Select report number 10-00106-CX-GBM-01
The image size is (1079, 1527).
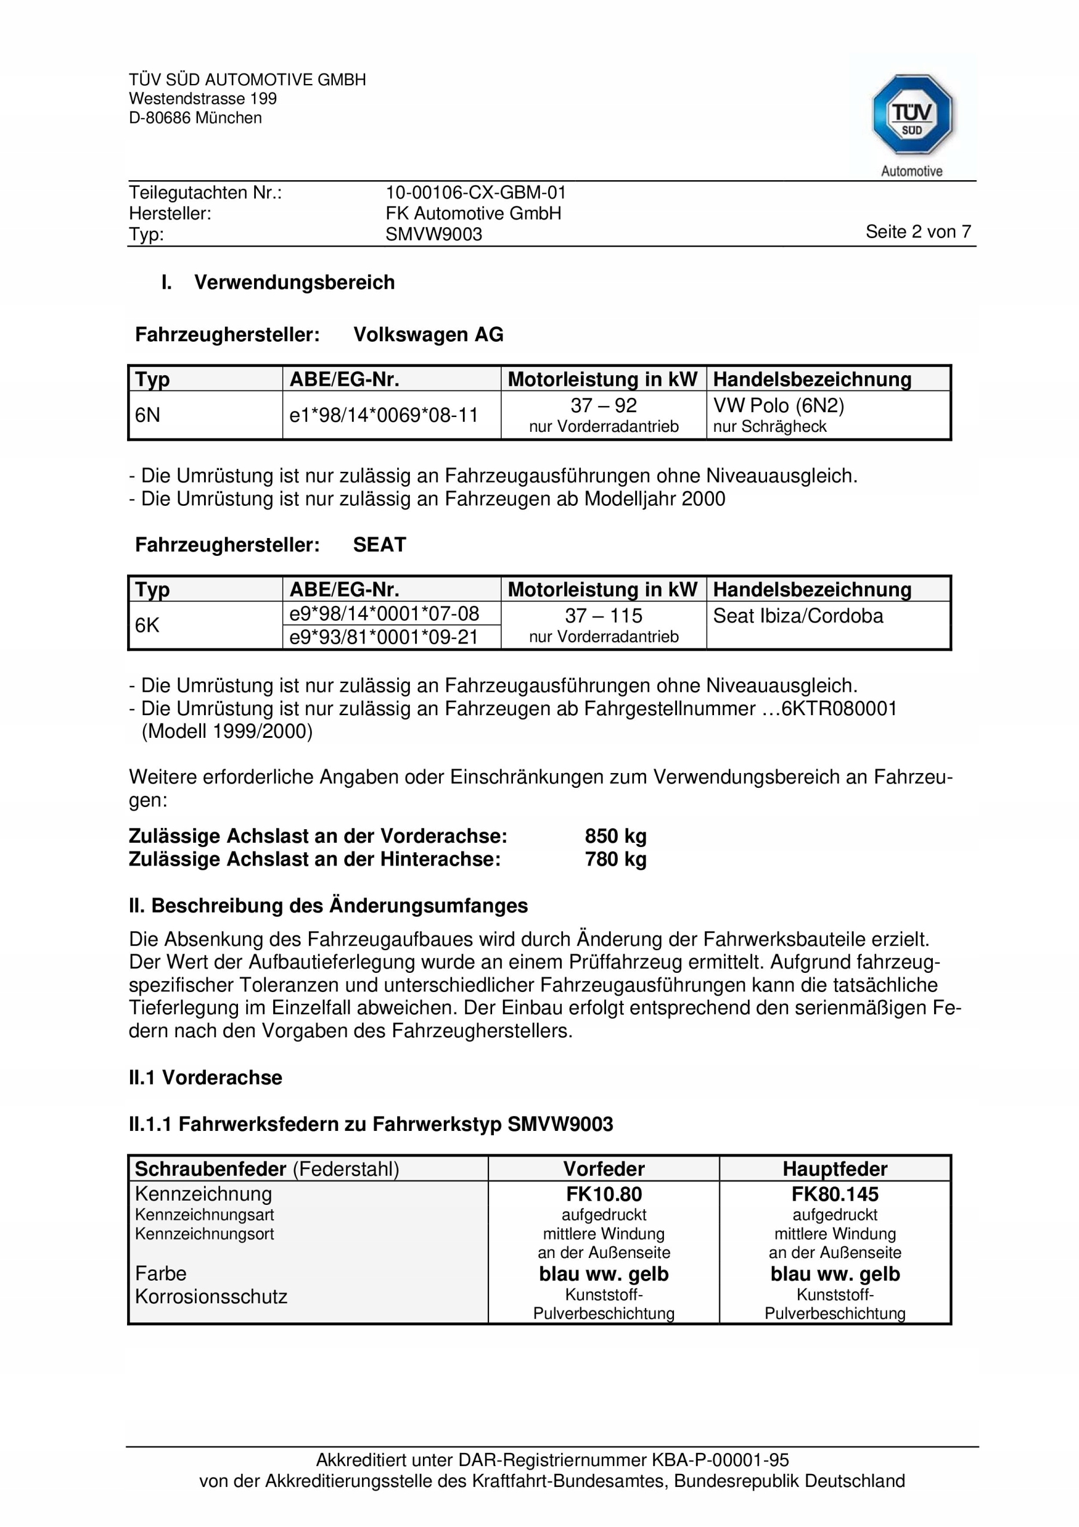tap(475, 193)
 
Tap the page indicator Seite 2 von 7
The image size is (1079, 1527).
tap(918, 231)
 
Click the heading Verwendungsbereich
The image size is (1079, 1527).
tap(294, 282)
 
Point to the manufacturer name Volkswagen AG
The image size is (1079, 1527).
tap(428, 335)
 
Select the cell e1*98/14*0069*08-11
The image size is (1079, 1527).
tap(384, 415)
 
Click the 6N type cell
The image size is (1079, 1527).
tap(148, 415)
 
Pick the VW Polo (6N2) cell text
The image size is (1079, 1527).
tap(778, 405)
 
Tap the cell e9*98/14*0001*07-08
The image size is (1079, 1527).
tap(384, 613)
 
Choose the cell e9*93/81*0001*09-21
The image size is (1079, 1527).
tap(384, 637)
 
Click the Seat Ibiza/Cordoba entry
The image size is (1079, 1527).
tap(797, 616)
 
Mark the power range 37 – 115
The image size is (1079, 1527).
tap(604, 616)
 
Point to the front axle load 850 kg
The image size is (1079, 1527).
tap(616, 836)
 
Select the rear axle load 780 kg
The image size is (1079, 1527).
tap(616, 860)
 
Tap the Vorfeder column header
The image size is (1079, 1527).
tap(604, 1169)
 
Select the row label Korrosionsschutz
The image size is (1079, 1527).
tap(211, 1296)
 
